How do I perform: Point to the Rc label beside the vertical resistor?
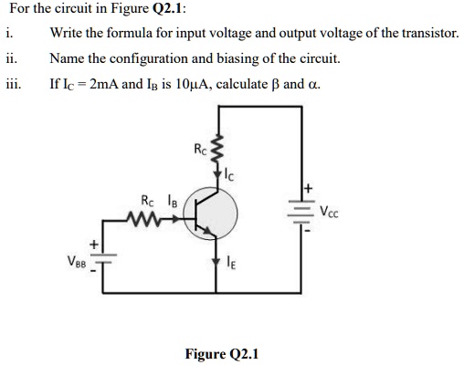(x=200, y=146)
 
